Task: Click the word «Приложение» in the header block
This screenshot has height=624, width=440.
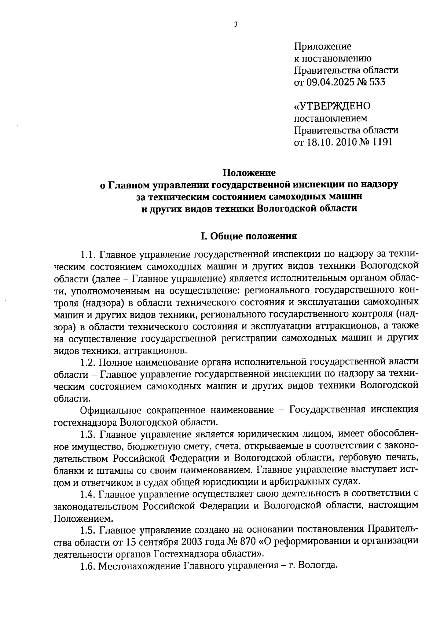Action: point(323,47)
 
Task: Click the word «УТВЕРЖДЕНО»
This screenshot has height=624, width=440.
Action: point(333,106)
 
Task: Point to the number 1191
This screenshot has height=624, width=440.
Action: point(382,142)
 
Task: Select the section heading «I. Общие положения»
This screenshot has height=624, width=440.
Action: point(249,236)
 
